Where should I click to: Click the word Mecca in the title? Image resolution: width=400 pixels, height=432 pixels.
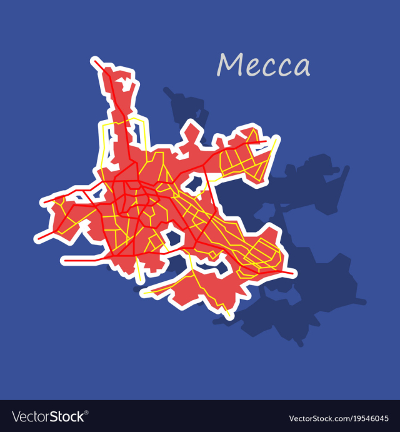[263, 65]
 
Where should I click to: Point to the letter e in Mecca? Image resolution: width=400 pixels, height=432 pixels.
[252, 68]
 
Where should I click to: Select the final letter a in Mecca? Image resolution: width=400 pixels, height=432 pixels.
[302, 68]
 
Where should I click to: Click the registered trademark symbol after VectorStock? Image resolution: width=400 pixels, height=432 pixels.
[86, 412]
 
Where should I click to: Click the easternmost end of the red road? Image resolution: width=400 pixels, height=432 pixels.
[294, 273]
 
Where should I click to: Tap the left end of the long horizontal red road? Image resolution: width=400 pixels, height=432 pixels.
[62, 258]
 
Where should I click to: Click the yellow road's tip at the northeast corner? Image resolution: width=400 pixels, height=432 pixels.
[277, 139]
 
